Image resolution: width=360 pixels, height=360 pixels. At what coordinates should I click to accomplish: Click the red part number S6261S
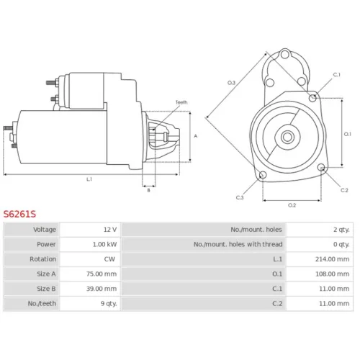pyautogui.click(x=19, y=214)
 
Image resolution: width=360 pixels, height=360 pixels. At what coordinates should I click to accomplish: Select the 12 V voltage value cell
pyautogui.click(x=110, y=230)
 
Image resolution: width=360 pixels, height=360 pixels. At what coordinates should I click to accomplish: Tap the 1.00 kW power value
pyautogui.click(x=104, y=244)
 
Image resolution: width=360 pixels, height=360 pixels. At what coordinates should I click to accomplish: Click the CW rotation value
pyautogui.click(x=109, y=259)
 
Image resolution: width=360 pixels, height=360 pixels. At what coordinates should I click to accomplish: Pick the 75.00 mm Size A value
pyautogui.click(x=102, y=274)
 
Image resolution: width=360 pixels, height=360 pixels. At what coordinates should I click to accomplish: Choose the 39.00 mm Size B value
pyautogui.click(x=102, y=289)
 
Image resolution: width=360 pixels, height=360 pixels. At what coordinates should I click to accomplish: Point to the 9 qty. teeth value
pyautogui.click(x=109, y=304)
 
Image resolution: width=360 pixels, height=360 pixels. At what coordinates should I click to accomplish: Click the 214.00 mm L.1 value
pyautogui.click(x=332, y=259)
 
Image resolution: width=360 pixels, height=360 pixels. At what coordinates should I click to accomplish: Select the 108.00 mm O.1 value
pyautogui.click(x=332, y=274)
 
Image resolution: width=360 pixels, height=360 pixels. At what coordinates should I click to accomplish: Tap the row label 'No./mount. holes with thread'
pyautogui.click(x=238, y=244)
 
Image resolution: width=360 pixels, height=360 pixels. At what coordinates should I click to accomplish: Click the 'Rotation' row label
pyautogui.click(x=43, y=259)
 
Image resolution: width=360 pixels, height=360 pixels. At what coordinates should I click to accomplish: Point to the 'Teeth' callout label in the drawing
pyautogui.click(x=181, y=102)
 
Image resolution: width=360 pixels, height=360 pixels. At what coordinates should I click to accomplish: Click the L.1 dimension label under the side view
pyautogui.click(x=89, y=179)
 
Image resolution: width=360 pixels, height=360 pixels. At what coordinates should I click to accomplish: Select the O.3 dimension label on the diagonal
pyautogui.click(x=231, y=83)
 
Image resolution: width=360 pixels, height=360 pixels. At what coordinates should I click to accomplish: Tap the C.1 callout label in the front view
pyautogui.click(x=337, y=75)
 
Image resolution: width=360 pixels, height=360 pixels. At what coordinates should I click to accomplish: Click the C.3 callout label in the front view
pyautogui.click(x=240, y=197)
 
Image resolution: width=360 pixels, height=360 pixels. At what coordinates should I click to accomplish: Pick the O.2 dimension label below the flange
pyautogui.click(x=292, y=205)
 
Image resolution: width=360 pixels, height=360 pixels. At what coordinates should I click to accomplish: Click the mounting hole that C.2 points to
pyautogui.click(x=321, y=167)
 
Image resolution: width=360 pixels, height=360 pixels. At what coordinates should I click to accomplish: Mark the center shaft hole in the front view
pyautogui.click(x=287, y=137)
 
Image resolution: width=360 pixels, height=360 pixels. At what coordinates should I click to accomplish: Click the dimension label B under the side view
pyautogui.click(x=148, y=190)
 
